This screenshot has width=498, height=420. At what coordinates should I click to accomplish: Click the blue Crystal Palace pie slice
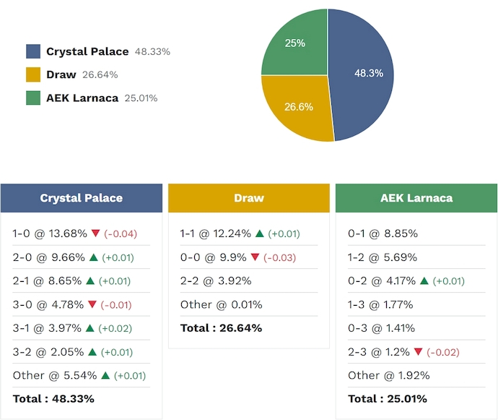click(x=364, y=74)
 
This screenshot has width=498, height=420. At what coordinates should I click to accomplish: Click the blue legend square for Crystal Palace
click(x=33, y=51)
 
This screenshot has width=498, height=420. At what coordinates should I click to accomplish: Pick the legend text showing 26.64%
click(x=100, y=74)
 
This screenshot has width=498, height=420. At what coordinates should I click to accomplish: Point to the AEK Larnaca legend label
click(x=82, y=98)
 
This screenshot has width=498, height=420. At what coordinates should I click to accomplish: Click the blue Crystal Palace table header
click(x=82, y=198)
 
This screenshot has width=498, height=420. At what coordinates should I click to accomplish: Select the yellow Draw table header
click(x=249, y=198)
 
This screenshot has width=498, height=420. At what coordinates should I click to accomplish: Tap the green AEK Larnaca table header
click(x=416, y=198)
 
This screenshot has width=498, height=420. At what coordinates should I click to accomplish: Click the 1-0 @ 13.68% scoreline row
click(x=50, y=233)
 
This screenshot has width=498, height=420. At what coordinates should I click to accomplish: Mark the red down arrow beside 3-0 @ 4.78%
click(x=92, y=304)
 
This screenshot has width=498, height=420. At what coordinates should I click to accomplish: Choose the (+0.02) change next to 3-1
click(x=116, y=328)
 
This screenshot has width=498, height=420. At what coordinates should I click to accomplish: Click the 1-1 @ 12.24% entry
click(x=216, y=233)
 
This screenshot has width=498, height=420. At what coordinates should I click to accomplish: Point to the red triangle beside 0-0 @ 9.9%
click(x=254, y=257)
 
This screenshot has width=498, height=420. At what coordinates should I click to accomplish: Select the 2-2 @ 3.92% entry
click(x=216, y=281)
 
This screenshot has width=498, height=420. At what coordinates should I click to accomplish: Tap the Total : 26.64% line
click(x=221, y=328)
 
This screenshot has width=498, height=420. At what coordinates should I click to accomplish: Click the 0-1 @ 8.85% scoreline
click(x=383, y=233)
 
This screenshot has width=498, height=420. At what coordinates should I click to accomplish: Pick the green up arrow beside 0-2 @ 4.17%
click(x=424, y=281)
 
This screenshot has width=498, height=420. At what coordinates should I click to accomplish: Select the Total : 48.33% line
click(x=53, y=398)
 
